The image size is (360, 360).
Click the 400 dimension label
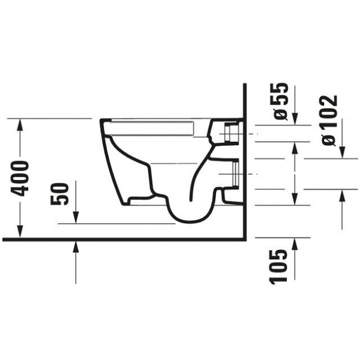point(21,178)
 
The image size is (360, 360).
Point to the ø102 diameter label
point(329,120)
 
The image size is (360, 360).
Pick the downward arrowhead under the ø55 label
point(295,119)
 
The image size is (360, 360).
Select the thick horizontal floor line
point(122,240)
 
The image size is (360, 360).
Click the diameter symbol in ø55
point(282,114)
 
